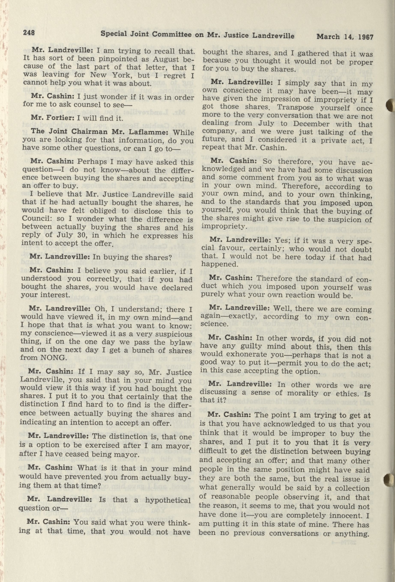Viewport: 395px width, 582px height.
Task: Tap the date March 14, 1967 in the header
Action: [x=345, y=37]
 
